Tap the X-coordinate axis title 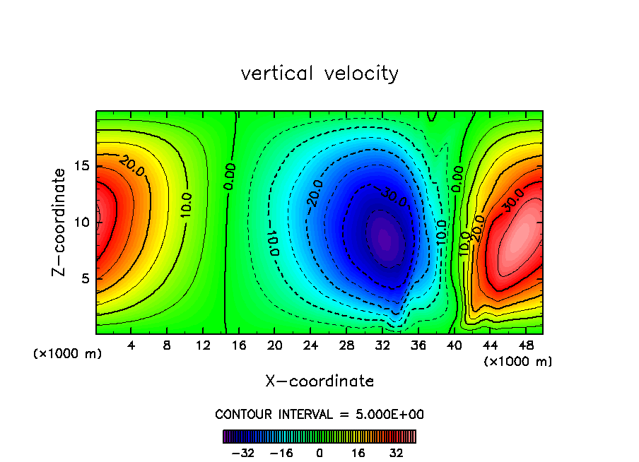coord(319,381)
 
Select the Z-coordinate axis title coord(60,222)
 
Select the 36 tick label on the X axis coord(418,346)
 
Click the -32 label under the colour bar coord(242,453)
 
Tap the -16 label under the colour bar coord(281,453)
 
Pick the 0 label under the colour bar coord(319,453)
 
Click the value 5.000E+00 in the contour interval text coord(386,415)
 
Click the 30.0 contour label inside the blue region coord(394,196)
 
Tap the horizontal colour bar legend coord(319,437)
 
